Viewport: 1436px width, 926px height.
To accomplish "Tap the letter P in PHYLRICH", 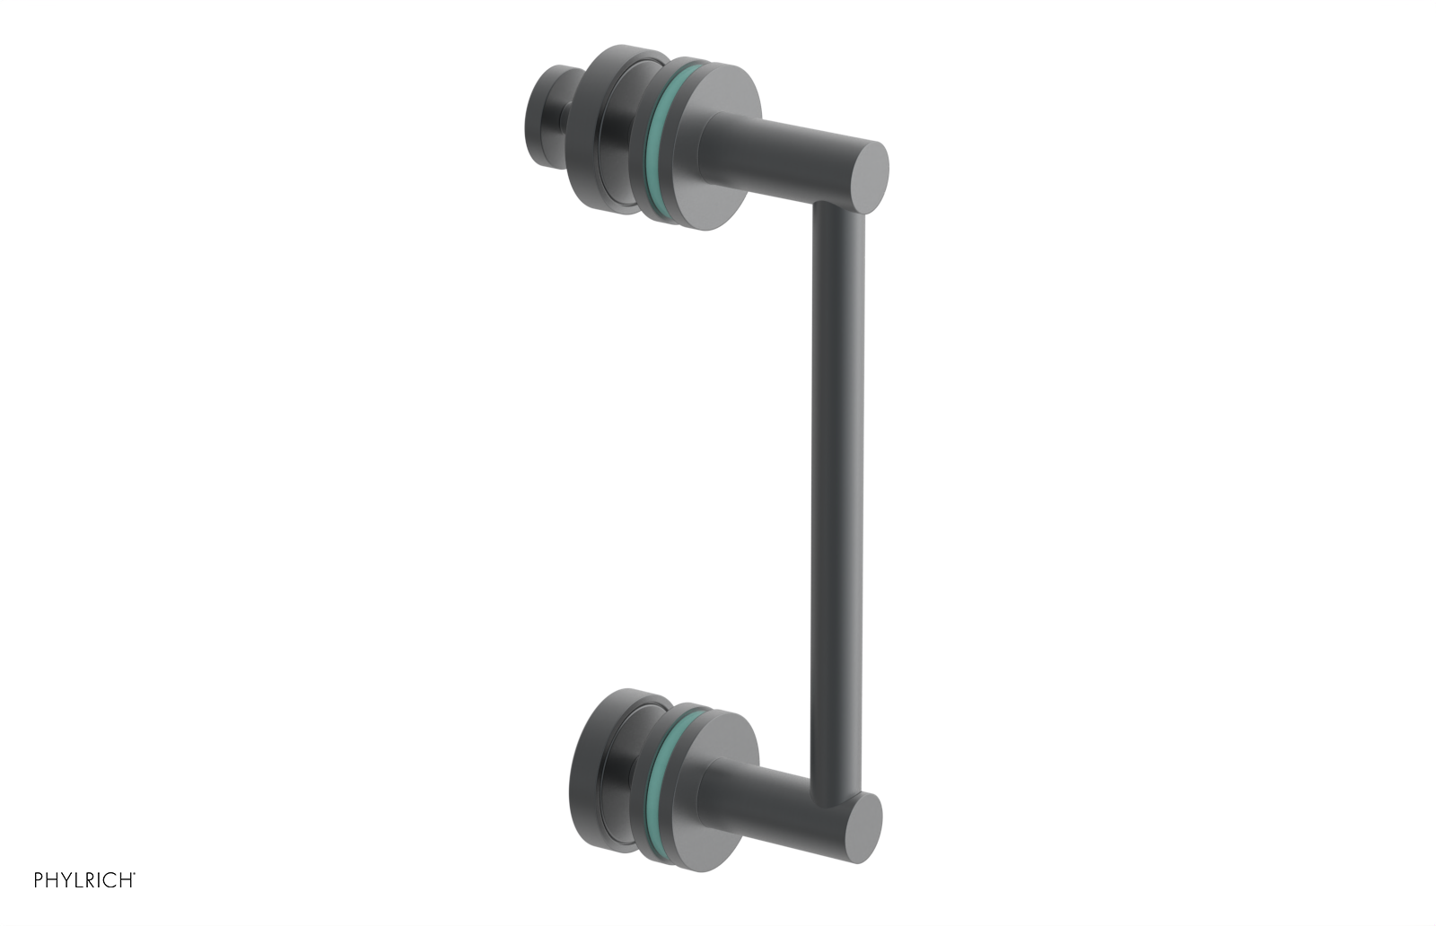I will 39,880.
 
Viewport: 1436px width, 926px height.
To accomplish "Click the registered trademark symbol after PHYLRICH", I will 135,874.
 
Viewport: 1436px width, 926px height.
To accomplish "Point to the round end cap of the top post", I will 868,177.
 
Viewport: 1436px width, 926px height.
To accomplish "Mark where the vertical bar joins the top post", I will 838,211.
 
